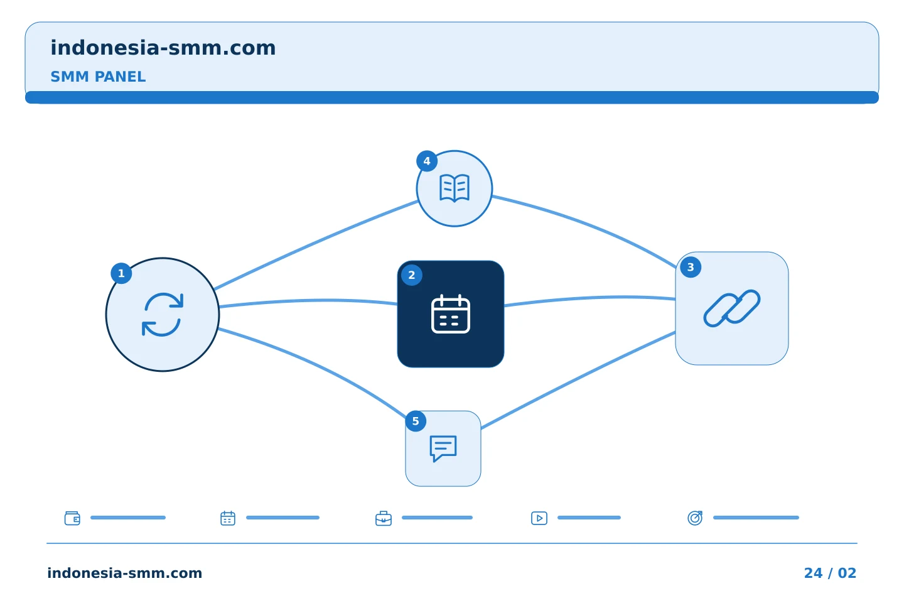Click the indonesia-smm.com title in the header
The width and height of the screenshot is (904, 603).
(163, 48)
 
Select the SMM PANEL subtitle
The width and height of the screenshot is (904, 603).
(98, 77)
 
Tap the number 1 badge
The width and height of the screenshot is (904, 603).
(121, 273)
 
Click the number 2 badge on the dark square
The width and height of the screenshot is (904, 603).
(412, 275)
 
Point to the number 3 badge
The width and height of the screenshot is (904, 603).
(691, 267)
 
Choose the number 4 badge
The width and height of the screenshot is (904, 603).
(427, 161)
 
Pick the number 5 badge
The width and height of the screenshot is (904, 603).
(416, 421)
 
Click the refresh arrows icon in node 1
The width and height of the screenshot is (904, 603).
(163, 315)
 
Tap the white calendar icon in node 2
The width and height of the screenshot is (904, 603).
(450, 314)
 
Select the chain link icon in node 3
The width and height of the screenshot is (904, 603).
(732, 308)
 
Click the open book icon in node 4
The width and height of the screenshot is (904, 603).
(455, 188)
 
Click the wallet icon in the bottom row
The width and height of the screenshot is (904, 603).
(73, 518)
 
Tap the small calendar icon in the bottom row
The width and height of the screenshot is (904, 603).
(228, 518)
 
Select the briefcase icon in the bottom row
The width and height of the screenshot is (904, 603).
(384, 518)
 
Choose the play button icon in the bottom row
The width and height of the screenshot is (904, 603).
(539, 518)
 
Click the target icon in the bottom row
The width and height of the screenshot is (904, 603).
(695, 518)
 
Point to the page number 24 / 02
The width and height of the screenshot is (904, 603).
(830, 573)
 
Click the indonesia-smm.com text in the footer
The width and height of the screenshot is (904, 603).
(125, 573)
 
